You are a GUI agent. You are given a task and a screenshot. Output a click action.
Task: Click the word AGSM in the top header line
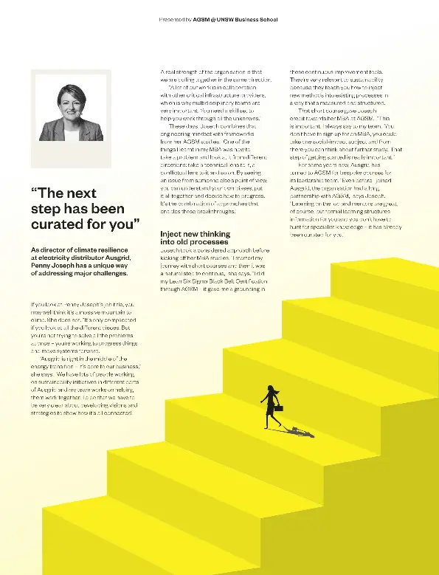click(201, 19)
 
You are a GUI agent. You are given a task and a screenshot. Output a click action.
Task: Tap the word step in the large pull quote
click(48, 207)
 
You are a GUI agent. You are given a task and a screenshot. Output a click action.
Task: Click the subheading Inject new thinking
click(194, 233)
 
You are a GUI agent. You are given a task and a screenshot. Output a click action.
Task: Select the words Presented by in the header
click(175, 19)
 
